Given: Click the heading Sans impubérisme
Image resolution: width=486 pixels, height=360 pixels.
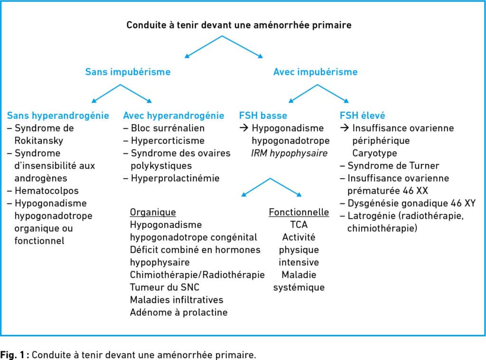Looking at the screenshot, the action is coord(128,72).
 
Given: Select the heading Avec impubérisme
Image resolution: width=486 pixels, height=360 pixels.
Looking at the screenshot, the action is coord(315,72).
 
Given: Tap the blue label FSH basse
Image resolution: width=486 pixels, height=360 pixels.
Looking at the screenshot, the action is coord(263,115).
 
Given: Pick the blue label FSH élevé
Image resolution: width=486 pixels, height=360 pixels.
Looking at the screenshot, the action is coord(362,115).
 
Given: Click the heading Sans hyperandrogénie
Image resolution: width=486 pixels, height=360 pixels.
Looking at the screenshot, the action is coord(58,116).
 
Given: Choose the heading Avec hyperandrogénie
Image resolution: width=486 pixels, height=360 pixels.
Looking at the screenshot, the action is coord(174,116).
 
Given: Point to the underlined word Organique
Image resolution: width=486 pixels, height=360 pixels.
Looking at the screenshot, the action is coord(153,212).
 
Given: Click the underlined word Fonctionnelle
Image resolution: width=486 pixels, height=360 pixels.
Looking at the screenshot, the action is coord(299,212).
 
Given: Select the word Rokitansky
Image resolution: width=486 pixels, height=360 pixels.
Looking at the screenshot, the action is coord(39,141).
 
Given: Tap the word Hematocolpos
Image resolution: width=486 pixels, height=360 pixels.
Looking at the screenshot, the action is coord(47,191).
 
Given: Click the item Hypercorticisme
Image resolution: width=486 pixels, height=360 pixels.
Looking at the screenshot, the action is coord(168,141).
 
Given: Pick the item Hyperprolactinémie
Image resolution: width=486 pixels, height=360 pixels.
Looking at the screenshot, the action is coord(175,178).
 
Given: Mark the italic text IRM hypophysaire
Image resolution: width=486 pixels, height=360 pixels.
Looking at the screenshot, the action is coord(289,153).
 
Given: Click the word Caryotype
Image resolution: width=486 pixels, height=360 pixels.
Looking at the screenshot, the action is coord(374,153).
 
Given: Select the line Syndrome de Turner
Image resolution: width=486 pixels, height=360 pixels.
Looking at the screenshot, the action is coord(393,166).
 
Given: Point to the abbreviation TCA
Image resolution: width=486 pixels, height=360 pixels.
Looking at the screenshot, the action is coord(299,225).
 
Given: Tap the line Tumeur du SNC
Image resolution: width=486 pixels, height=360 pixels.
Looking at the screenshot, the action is coord(165,287).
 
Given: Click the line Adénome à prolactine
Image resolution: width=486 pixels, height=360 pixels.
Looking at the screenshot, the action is coord(179,312).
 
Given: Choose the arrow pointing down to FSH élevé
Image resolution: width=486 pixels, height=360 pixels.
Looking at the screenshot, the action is coord(333,94).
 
